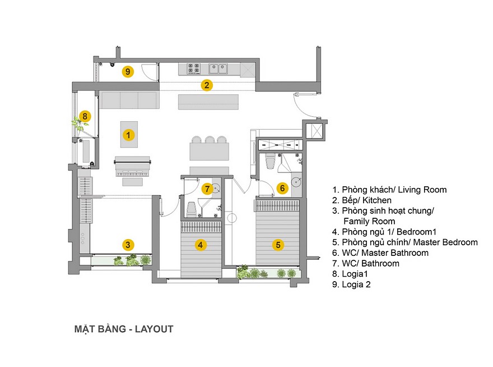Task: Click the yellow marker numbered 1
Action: tap(128, 135)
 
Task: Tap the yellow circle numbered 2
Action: tap(207, 85)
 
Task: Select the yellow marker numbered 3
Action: tap(128, 244)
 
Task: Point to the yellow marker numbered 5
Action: tap(278, 244)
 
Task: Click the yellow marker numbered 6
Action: tap(282, 188)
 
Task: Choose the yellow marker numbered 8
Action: tap(85, 116)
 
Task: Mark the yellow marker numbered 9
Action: tap(128, 71)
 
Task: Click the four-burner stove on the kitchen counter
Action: tap(194, 68)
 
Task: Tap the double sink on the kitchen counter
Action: tap(218, 68)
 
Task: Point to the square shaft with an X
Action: tap(317, 131)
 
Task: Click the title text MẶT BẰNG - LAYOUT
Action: tap(124, 329)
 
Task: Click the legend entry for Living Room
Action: tap(389, 190)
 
